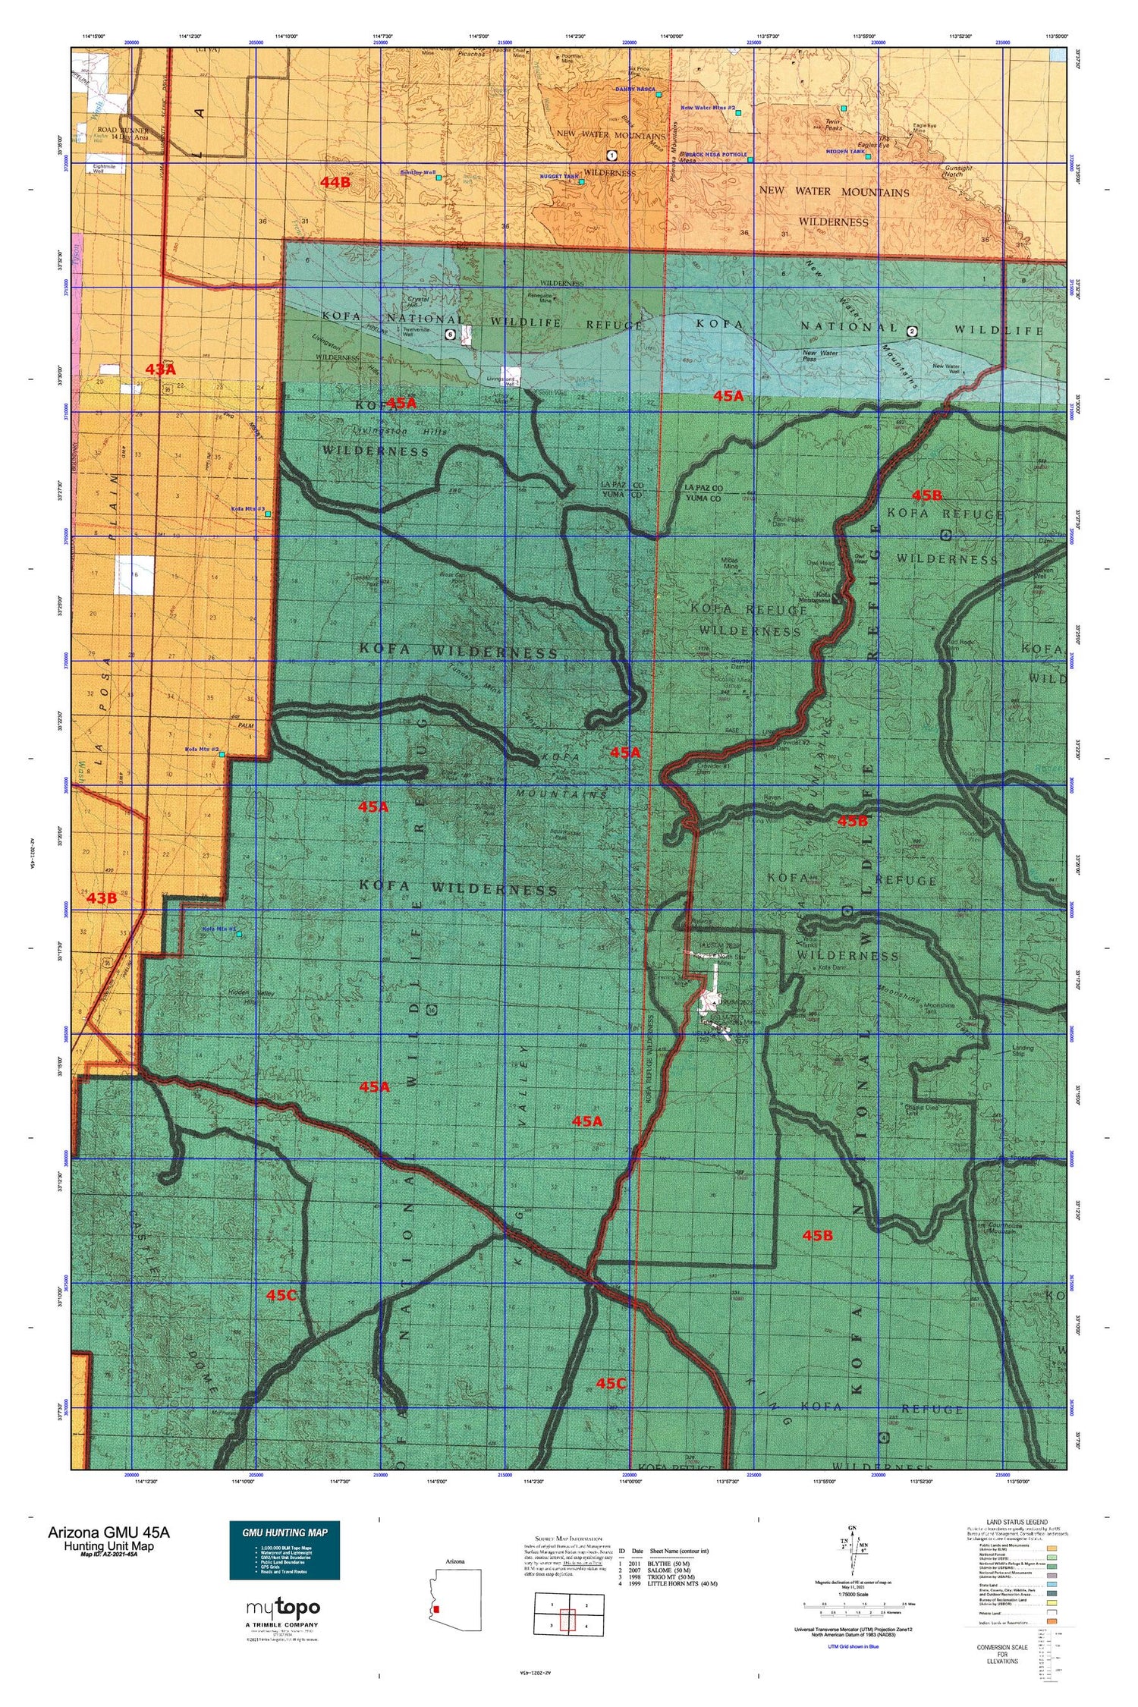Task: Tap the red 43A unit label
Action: [x=160, y=369]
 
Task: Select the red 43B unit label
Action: [x=101, y=898]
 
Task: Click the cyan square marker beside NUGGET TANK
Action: [x=582, y=182]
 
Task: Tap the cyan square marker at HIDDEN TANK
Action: [x=867, y=157]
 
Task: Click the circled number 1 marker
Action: [x=611, y=156]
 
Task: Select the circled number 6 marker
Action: [x=451, y=334]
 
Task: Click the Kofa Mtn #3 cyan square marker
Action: [x=268, y=514]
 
